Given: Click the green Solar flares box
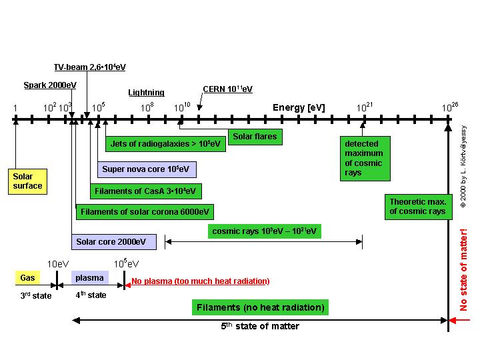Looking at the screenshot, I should pos(254,137).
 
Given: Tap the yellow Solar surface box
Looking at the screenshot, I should pos(27,181).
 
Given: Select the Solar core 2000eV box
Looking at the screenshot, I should pos(111,241).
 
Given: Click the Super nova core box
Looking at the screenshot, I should pos(147,169).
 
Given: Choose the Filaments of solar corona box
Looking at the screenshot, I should pos(145,212).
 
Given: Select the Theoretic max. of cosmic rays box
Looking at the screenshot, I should pos(417,207).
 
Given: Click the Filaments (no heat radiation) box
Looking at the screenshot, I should pos(260,307).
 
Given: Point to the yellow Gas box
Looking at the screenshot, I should pos(27,277).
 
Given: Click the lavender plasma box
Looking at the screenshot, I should pos(89,277).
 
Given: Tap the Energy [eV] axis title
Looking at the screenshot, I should pos(298,107).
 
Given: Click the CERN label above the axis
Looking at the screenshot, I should pos(227,89).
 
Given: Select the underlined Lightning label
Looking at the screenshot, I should pos(146,93).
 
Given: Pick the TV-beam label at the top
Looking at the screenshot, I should pos(90,67).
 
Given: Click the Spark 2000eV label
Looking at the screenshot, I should pos(49,85).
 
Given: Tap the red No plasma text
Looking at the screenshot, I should pos(200,281).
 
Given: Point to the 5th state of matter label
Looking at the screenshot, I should pos(260,327).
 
